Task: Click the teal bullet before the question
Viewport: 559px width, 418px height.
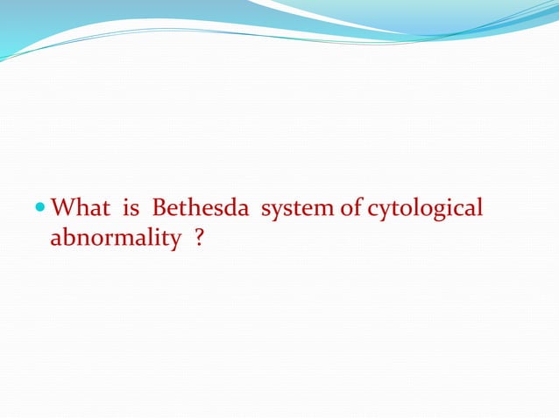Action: pos(42,211)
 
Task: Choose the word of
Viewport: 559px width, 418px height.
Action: pos(349,210)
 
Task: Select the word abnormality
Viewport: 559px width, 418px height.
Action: pos(114,238)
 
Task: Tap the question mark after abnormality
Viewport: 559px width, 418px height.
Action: pos(200,238)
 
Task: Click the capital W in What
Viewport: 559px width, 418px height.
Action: pos(62,210)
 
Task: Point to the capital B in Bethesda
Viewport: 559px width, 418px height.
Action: pos(159,210)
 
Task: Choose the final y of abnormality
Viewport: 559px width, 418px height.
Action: pos(173,240)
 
